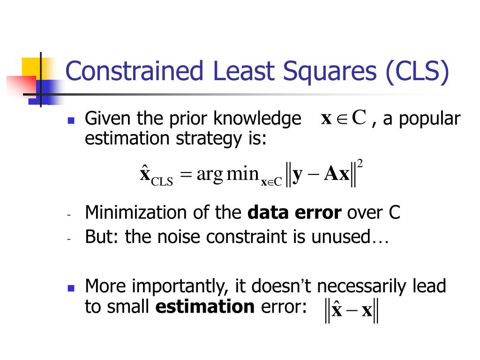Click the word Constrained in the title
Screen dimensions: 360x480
[x=134, y=72]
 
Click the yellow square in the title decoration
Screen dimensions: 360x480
[x=30, y=67]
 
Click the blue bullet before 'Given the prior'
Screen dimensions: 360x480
[x=71, y=120]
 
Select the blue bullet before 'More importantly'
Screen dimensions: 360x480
[x=71, y=287]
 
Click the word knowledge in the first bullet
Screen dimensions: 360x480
[x=257, y=119]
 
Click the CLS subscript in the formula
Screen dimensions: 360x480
[x=162, y=181]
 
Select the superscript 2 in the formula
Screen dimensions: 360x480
[x=360, y=164]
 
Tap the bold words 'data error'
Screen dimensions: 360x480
[x=294, y=213]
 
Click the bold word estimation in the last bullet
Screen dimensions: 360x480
[x=205, y=307]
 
